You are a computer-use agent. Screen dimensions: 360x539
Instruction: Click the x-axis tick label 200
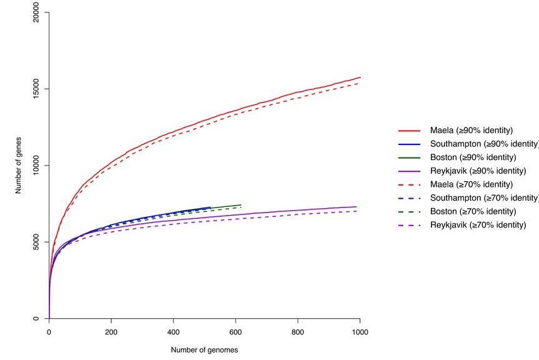coord(111,332)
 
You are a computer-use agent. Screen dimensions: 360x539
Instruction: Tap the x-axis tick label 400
coord(173,332)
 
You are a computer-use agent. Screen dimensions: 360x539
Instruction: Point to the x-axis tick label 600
coord(236,332)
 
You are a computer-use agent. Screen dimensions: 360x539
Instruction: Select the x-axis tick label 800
coord(298,332)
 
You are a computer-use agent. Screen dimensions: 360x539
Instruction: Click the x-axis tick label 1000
coord(360,332)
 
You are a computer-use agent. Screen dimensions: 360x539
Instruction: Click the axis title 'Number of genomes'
coord(204,350)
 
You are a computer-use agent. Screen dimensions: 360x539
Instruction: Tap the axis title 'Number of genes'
coord(19,166)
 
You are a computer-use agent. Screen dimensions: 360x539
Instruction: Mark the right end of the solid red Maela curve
coord(360,77)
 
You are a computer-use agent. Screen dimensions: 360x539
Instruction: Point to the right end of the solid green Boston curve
coord(241,205)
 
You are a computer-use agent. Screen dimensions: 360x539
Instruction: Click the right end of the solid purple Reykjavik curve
coord(356,207)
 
